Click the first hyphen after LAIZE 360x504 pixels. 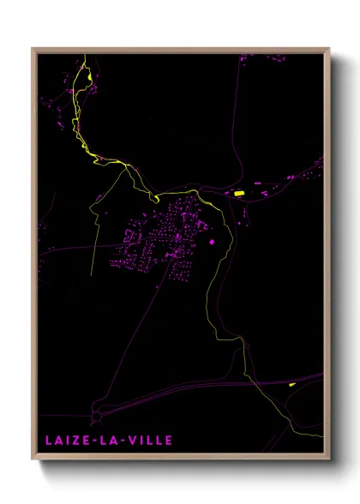click(x=93, y=441)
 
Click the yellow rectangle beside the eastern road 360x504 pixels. click(x=239, y=194)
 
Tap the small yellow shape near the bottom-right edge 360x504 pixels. click(x=292, y=385)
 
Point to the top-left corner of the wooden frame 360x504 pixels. click(x=33, y=49)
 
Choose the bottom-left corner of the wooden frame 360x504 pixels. click(x=33, y=459)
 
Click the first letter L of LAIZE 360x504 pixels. click(x=48, y=441)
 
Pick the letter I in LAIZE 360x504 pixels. click(x=68, y=441)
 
